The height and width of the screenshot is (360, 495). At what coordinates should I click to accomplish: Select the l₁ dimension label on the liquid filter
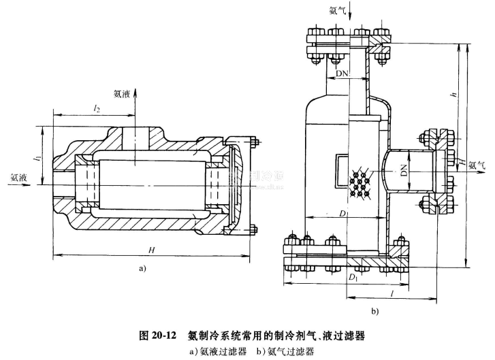(x=39, y=160)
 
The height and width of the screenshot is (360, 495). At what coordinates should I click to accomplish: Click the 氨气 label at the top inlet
(x=338, y=10)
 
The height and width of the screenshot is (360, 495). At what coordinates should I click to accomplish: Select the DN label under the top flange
(x=342, y=71)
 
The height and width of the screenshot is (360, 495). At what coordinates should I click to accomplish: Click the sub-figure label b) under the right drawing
(x=374, y=312)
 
